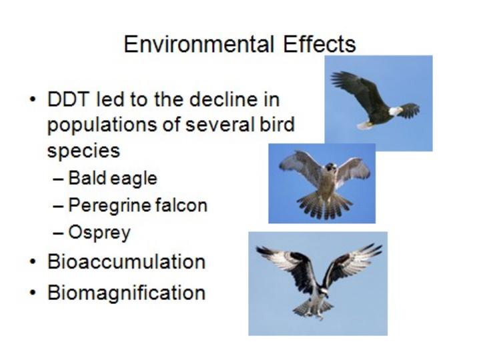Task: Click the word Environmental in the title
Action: click(x=199, y=44)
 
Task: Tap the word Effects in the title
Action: click(x=320, y=44)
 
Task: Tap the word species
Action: click(x=83, y=151)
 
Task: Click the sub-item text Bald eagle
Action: click(x=113, y=179)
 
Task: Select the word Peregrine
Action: click(x=109, y=205)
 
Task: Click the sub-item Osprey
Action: click(x=99, y=233)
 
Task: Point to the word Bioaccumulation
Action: click(x=126, y=262)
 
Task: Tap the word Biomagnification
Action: click(x=126, y=293)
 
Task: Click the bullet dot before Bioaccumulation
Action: click(x=33, y=263)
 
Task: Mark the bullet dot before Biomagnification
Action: click(x=33, y=293)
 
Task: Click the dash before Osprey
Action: click(x=58, y=233)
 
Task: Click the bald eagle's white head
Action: click(x=396, y=111)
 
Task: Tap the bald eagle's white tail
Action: click(x=365, y=125)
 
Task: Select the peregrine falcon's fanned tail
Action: click(x=324, y=205)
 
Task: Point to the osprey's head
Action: click(x=324, y=292)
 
